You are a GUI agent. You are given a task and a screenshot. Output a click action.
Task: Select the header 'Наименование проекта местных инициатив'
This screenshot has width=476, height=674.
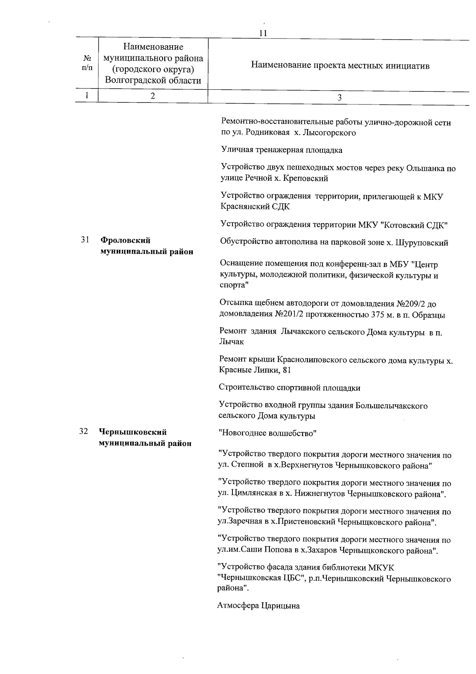(340, 66)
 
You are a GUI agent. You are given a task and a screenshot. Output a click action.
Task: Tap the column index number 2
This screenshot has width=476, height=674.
(153, 96)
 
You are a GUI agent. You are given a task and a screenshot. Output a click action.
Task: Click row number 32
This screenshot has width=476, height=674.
(83, 432)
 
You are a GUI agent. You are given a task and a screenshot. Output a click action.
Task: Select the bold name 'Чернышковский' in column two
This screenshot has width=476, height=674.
(133, 433)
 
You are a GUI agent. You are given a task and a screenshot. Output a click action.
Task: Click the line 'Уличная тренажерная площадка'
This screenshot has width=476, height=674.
(282, 150)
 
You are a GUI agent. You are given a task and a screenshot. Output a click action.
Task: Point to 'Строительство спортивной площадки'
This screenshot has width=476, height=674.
(290, 388)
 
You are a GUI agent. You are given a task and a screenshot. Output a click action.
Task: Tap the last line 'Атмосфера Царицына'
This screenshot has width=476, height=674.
(259, 606)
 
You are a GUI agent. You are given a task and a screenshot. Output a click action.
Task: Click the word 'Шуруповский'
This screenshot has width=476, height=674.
(422, 243)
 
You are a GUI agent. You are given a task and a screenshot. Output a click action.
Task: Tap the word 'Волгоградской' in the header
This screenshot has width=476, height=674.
(131, 81)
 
